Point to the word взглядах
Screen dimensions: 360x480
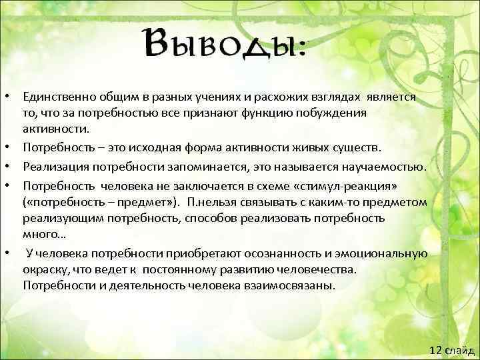coord(331,97)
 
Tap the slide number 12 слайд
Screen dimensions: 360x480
coord(451,350)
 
